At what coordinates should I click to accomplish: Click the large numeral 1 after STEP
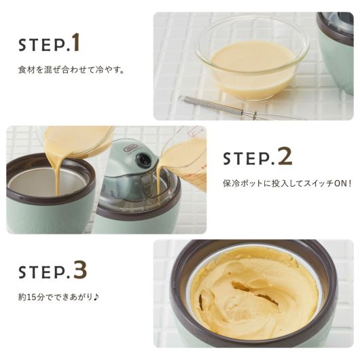(75, 42)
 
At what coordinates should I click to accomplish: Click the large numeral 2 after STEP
(285, 156)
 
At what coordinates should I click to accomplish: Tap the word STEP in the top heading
(42, 45)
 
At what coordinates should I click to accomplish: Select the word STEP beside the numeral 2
(247, 158)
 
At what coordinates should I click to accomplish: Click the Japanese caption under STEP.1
(71, 69)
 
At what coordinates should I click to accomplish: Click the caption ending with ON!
(287, 183)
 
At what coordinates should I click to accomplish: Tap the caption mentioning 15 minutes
(58, 297)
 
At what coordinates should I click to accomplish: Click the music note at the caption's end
(96, 297)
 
